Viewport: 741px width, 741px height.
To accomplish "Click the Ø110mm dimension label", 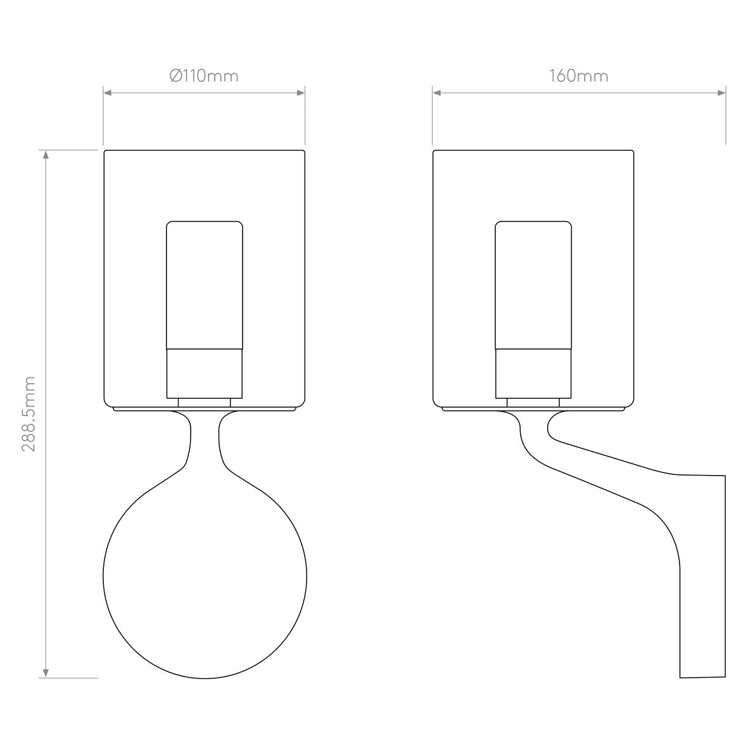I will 204,76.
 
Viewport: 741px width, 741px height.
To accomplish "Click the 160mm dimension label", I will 578,76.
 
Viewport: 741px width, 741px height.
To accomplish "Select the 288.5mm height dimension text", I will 28,413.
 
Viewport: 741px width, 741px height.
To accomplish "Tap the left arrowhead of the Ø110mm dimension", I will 108,93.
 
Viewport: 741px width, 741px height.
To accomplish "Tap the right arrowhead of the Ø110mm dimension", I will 301,93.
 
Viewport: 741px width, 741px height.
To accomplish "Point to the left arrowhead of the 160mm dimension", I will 437,93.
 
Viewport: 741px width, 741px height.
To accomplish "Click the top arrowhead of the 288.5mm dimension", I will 46,155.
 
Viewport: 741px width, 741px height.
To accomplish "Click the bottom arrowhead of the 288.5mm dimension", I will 46,673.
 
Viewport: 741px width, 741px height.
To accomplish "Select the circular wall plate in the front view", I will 205,576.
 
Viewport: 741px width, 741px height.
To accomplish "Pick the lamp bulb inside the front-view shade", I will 204,285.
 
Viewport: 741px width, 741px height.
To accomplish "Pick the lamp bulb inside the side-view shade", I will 533,285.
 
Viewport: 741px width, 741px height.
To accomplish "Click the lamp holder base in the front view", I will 204,374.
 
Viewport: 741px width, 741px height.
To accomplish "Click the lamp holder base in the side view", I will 533,374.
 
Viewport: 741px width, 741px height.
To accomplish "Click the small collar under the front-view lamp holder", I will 204,402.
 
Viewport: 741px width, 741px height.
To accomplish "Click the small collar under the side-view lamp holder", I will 533,402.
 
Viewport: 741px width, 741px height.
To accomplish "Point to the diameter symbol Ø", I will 176,76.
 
